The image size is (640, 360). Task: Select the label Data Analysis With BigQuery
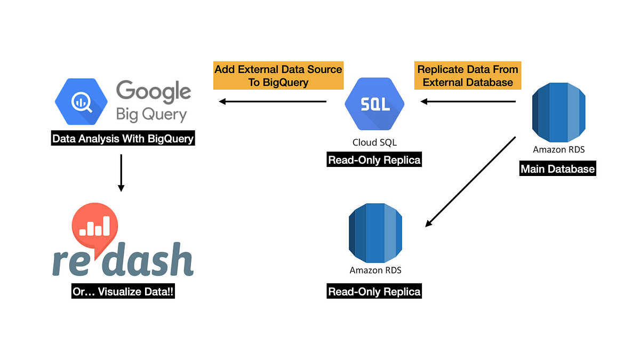[123, 139]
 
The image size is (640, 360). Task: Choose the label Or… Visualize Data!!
[123, 292]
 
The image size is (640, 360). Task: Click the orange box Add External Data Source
[278, 76]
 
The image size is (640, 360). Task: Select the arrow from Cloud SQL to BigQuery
[273, 101]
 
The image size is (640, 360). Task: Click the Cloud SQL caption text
[374, 142]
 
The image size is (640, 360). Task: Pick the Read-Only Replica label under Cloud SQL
[374, 160]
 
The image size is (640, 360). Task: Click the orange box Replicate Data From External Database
[468, 76]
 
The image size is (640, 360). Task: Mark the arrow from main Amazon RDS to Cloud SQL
[468, 101]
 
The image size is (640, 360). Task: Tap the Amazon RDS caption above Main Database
[558, 150]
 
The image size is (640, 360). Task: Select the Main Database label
[557, 169]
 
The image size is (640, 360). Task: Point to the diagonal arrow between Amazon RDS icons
[470, 181]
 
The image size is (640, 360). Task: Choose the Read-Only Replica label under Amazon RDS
[374, 292]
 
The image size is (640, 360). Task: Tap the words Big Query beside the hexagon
[151, 115]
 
